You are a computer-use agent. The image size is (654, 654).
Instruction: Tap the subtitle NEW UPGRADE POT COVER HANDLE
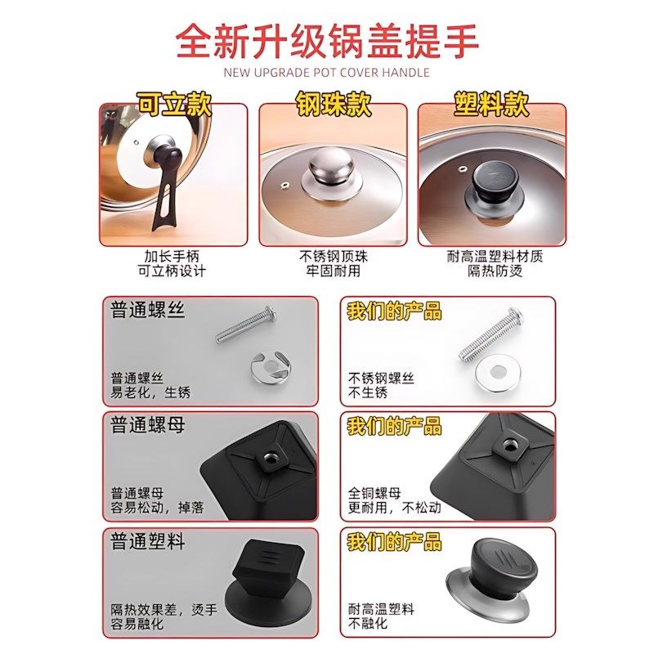(x=327, y=73)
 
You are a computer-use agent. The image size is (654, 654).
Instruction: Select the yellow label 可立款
(x=173, y=104)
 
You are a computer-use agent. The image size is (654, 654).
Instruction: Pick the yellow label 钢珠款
(x=333, y=104)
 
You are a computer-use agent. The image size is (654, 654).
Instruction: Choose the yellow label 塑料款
(x=491, y=104)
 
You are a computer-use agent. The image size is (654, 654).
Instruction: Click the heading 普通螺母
(x=148, y=426)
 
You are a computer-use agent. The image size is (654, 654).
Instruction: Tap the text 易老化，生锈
(x=150, y=392)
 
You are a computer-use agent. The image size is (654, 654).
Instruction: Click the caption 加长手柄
(x=172, y=256)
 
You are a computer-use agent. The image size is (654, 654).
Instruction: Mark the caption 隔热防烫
(x=495, y=271)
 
